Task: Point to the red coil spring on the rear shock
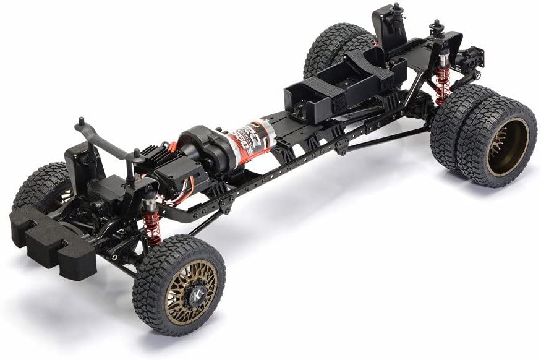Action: (x=442, y=84)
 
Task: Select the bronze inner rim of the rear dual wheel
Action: (x=506, y=147)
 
